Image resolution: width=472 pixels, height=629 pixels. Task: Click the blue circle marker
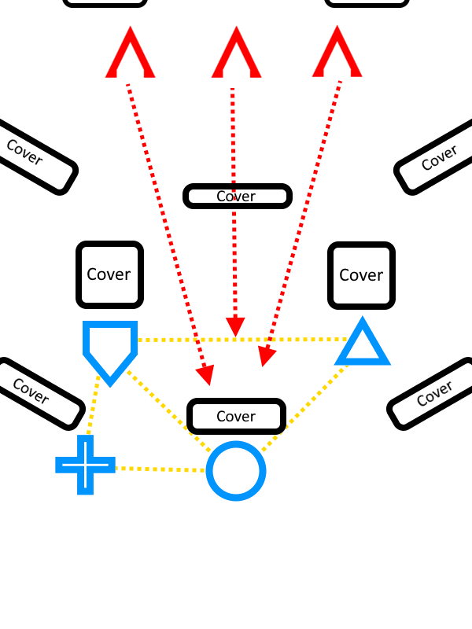236,471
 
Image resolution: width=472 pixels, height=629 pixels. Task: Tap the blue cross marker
85,465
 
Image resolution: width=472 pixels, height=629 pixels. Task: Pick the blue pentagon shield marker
110,348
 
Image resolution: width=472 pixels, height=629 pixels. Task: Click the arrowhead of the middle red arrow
235,326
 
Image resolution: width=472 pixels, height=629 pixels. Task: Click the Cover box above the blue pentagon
109,274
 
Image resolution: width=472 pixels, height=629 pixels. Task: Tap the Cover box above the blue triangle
361,275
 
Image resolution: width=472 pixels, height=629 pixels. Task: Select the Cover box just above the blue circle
236,416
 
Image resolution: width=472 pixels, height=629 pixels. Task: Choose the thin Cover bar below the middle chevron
237,196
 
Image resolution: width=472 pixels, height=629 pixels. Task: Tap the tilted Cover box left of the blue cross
35,392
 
